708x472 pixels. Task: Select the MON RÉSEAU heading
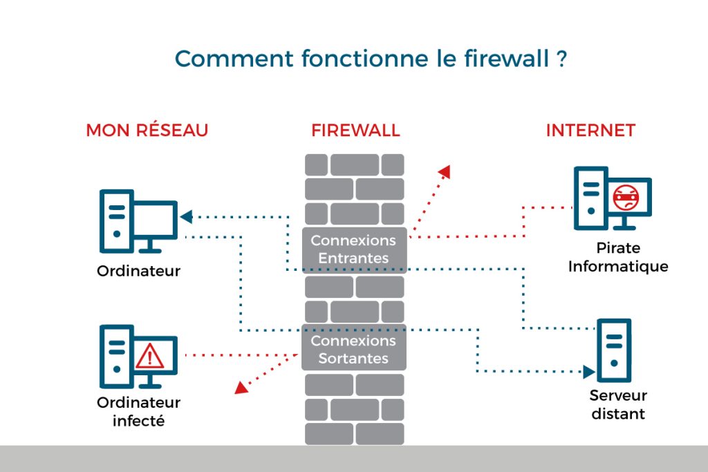click(147, 131)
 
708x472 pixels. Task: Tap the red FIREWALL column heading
click(355, 131)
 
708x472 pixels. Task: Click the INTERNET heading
click(590, 131)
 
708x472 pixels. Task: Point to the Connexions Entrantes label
click(353, 249)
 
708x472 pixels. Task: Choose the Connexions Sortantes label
click(353, 350)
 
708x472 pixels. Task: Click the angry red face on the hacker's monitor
click(624, 198)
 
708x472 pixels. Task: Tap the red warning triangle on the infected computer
click(149, 357)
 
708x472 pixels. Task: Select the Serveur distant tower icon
click(614, 350)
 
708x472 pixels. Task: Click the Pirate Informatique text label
click(618, 257)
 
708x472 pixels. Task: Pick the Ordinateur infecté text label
click(138, 410)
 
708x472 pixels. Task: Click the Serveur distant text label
click(618, 405)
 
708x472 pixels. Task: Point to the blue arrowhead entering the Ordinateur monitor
click(185, 217)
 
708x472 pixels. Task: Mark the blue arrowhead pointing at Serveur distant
click(589, 372)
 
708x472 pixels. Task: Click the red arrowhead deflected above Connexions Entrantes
click(445, 171)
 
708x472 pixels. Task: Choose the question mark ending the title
click(561, 58)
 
